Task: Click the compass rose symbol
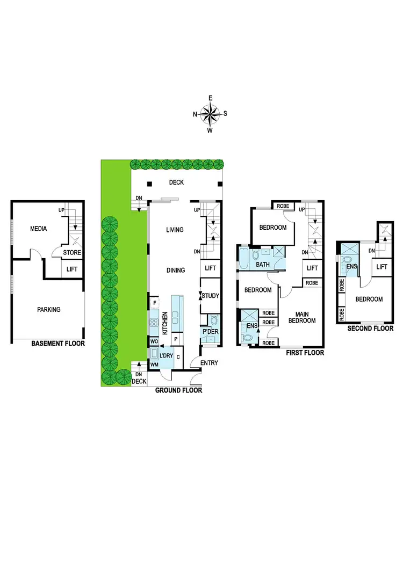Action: point(211,113)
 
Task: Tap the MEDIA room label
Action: point(38,229)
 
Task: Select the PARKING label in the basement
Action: point(49,309)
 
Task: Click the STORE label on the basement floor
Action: point(72,252)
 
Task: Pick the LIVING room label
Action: point(175,230)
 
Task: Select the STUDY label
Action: point(211,295)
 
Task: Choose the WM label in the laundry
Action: point(154,365)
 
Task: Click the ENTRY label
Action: point(209,363)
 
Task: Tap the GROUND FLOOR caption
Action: point(178,391)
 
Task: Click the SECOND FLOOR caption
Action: point(371,329)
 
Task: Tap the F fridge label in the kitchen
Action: point(154,303)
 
